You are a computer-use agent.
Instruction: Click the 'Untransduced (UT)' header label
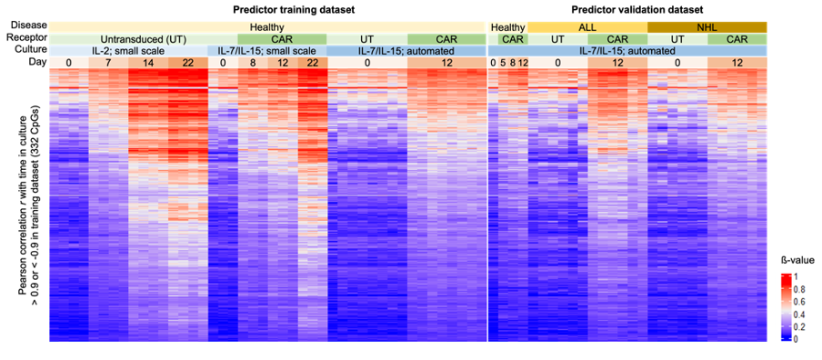click(143, 39)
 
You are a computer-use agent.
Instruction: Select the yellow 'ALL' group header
click(586, 27)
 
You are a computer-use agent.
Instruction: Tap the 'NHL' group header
click(707, 27)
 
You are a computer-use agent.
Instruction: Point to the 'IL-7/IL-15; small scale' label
click(266, 51)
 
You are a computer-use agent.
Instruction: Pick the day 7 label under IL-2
click(108, 63)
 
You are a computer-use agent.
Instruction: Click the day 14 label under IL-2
click(147, 63)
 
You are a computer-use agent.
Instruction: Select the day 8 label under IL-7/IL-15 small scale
click(252, 63)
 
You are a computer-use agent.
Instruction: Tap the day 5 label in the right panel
click(503, 63)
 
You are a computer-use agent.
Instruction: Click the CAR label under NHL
click(737, 39)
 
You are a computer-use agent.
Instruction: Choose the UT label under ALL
click(557, 39)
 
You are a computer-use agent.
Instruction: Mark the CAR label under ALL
click(616, 39)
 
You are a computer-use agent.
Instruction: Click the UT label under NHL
click(677, 39)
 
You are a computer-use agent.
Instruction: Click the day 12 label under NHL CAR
click(737, 63)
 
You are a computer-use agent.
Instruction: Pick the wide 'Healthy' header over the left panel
click(266, 27)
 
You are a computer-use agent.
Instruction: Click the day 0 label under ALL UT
click(557, 63)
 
